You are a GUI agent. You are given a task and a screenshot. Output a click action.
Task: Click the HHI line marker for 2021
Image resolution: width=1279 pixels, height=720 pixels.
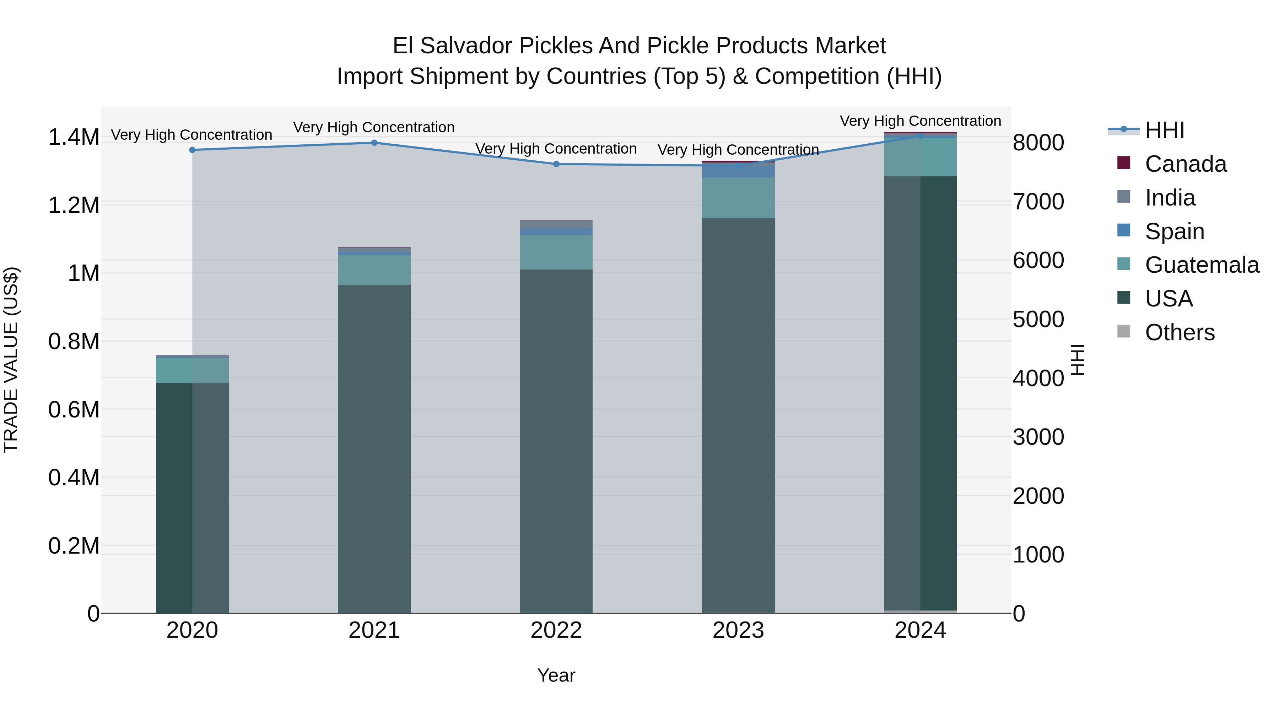point(374,143)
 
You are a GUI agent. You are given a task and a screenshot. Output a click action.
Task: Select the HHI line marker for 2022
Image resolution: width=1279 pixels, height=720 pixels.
point(556,164)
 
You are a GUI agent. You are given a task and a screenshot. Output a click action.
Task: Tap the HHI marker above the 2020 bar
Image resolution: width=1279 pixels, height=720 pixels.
point(192,150)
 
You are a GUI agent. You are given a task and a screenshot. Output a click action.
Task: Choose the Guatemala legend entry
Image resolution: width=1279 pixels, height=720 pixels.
point(1201,265)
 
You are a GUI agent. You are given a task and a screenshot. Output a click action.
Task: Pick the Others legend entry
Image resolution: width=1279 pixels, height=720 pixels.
point(1179,332)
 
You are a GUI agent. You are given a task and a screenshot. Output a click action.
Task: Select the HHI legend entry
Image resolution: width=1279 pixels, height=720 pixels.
point(1164,130)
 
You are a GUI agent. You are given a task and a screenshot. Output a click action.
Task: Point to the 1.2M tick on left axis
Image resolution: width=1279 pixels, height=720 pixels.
point(74,205)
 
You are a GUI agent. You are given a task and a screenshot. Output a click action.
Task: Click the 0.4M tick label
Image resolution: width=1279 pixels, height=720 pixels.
point(74,478)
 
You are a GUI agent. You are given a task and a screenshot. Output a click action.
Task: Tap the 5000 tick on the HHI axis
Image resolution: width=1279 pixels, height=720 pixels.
point(1038,320)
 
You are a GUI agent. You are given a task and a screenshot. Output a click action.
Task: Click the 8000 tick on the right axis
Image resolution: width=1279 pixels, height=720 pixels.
point(1038,143)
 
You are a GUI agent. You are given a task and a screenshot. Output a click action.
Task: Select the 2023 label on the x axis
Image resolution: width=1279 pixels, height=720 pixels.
point(738,630)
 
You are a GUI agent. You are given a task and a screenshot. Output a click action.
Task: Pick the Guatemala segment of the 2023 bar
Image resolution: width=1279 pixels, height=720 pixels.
point(738,198)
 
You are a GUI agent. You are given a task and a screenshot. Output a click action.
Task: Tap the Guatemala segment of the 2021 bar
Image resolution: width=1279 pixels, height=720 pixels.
point(374,270)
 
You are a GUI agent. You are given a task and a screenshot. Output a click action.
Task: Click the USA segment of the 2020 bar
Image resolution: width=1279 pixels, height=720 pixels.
point(192,497)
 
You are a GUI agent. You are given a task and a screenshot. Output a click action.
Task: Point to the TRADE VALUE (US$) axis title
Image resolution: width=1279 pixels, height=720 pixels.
point(11,360)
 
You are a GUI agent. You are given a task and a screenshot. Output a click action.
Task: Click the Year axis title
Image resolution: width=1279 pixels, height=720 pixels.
point(556,675)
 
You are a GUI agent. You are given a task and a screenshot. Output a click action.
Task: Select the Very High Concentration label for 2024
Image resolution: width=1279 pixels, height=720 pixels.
point(920,121)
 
